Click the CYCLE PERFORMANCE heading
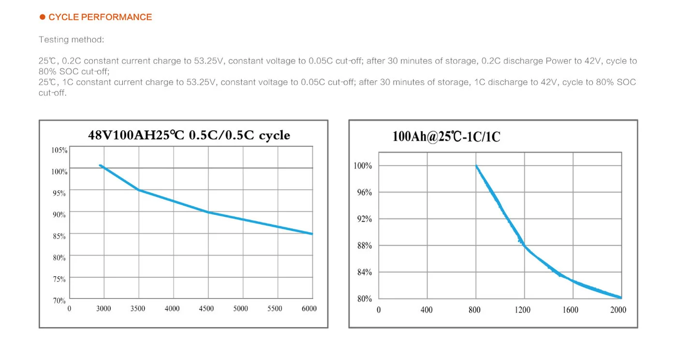(100, 17)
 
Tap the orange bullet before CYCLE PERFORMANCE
(43, 17)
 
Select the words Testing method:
(71, 40)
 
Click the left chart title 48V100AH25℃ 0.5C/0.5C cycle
(189, 135)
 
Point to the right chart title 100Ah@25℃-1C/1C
(446, 137)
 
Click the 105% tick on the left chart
(59, 150)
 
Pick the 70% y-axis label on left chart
(59, 300)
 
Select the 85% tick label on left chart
(59, 236)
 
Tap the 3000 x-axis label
(103, 309)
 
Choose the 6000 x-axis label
(309, 309)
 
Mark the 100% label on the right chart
(363, 166)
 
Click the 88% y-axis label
(364, 246)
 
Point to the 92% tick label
(364, 219)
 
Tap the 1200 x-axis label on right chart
(522, 310)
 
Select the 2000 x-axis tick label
(618, 310)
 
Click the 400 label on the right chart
(426, 310)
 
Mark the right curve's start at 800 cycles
(476, 166)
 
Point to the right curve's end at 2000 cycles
(620, 298)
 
